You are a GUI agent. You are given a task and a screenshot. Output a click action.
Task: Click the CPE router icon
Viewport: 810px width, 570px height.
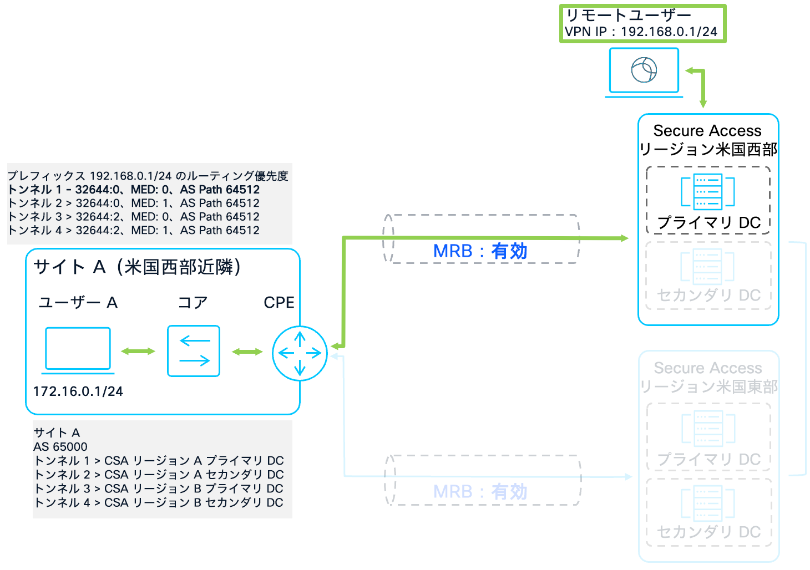pyautogui.click(x=300, y=353)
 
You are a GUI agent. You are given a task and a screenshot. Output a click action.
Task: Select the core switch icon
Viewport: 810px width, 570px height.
pyautogui.click(x=194, y=351)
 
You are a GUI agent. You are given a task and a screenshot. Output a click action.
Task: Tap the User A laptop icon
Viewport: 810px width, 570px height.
pyautogui.click(x=78, y=349)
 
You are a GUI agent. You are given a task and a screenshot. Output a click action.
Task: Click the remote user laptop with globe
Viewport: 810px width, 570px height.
pyautogui.click(x=644, y=71)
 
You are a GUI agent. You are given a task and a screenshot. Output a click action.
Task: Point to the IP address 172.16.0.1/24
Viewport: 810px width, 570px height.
pyautogui.click(x=78, y=391)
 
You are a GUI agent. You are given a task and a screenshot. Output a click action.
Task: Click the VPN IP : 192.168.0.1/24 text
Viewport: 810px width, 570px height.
pyautogui.click(x=641, y=32)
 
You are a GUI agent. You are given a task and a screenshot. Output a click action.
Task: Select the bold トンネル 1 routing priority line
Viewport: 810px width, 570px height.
pyautogui.click(x=134, y=190)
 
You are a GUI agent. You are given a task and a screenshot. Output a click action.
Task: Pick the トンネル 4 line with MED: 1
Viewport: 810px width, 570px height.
pyautogui.click(x=134, y=230)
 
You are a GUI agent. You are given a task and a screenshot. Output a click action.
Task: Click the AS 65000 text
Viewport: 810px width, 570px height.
pyautogui.click(x=60, y=446)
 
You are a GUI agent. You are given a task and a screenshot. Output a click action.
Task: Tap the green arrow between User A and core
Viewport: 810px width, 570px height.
pyautogui.click(x=138, y=351)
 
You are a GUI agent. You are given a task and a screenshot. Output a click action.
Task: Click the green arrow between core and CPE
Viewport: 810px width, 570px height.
pyautogui.click(x=247, y=352)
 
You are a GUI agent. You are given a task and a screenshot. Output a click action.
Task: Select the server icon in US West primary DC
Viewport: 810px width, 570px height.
pyautogui.click(x=708, y=192)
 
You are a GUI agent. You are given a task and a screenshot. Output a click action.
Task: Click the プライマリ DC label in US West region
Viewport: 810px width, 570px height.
pyautogui.click(x=708, y=222)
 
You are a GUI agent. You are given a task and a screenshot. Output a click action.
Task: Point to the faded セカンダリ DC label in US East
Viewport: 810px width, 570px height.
pyautogui.click(x=708, y=532)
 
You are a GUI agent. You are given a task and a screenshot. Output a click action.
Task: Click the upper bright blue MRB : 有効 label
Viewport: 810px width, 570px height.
pyautogui.click(x=480, y=251)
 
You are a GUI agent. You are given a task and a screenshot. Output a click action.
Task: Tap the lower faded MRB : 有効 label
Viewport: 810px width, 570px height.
pyautogui.click(x=480, y=492)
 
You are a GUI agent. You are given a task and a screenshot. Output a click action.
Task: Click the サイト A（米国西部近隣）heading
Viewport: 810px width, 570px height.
pyautogui.click(x=137, y=267)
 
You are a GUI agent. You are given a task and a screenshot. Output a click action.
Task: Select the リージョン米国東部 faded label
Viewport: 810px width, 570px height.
pyautogui.click(x=708, y=386)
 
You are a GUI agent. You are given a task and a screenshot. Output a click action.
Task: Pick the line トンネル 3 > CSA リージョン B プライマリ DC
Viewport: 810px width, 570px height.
pyautogui.click(x=159, y=488)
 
